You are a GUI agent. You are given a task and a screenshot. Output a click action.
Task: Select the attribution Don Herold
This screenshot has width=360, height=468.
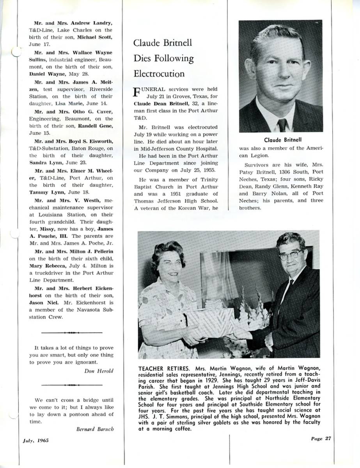pyautogui.click(x=99, y=371)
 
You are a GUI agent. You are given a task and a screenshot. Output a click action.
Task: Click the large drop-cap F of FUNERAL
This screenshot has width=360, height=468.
pyautogui.click(x=137, y=92)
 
